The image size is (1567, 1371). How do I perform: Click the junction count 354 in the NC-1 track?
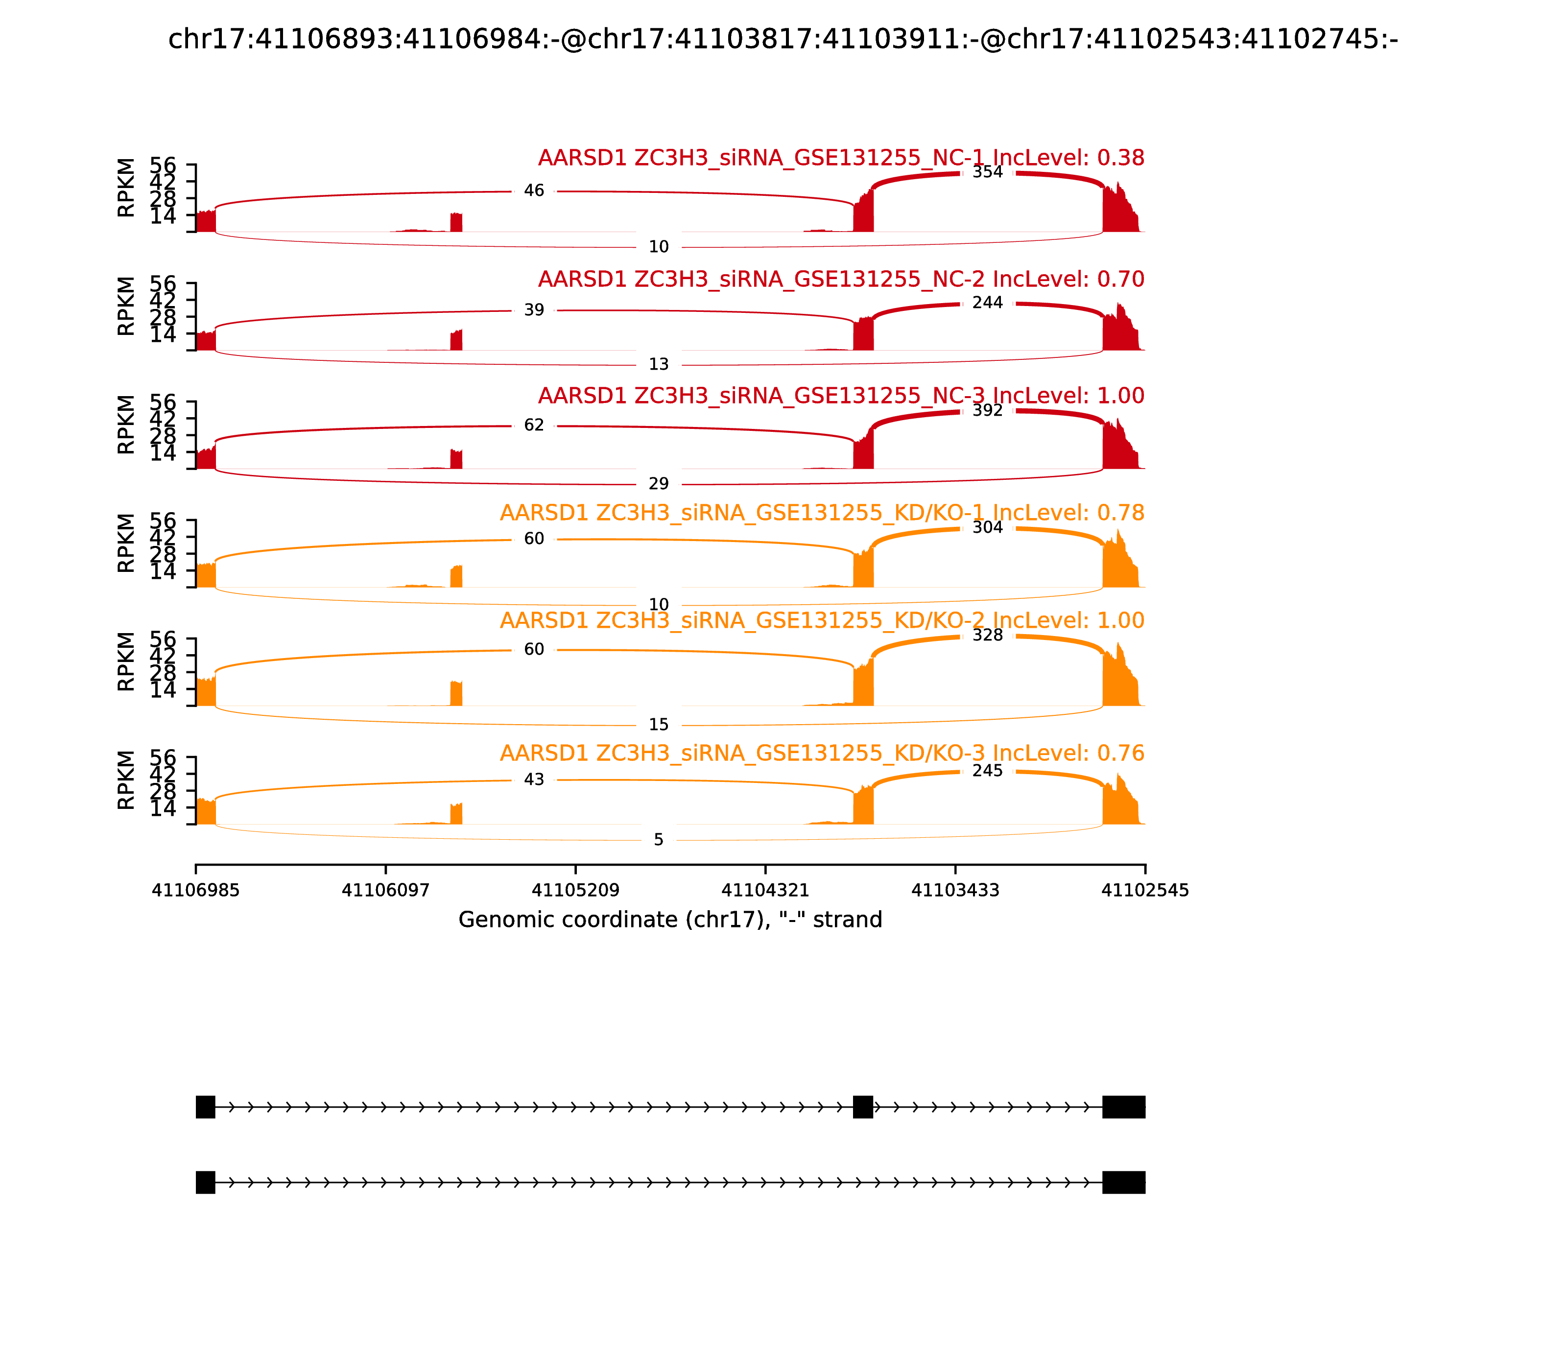987,172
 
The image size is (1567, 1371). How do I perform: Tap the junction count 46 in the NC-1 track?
534,190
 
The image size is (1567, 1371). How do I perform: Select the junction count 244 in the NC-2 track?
987,303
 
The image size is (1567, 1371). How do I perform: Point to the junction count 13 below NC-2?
659,364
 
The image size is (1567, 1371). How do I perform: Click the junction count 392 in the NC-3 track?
987,410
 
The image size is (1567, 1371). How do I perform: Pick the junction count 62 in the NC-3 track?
534,425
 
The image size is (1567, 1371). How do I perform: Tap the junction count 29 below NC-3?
659,484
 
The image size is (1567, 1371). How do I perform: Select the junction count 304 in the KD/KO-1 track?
987,527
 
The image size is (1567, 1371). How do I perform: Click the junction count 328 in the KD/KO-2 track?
987,635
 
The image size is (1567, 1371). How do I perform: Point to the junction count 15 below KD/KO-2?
659,725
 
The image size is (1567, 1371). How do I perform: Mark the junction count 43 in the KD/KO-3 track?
534,780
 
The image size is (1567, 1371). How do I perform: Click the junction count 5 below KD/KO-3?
659,840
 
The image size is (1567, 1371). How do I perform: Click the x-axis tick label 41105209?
575,891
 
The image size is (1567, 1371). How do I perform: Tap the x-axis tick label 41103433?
955,891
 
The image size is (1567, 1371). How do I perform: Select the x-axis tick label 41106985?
196,891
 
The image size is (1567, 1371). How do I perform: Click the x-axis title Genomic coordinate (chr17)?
670,920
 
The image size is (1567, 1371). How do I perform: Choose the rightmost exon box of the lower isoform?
1123,1182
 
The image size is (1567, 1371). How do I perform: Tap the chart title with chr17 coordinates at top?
783,39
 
